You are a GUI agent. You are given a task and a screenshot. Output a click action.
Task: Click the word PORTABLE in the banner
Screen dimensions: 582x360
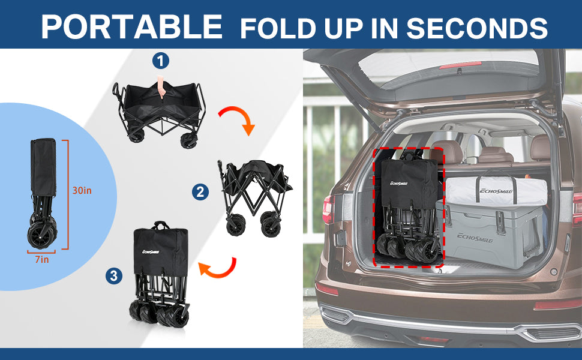tap(132, 27)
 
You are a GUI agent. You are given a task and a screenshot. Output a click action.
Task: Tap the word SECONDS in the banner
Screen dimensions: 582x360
tap(477, 28)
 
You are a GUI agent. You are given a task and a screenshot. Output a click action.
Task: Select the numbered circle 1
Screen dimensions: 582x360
tap(161, 61)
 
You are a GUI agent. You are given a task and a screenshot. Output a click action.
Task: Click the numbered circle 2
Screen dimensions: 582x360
tap(200, 192)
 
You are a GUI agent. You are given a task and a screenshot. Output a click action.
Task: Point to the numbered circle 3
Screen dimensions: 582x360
tap(114, 276)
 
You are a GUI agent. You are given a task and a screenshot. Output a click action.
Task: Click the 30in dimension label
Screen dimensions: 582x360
tap(82, 190)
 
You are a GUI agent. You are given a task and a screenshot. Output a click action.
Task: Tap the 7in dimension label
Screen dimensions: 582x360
tap(42, 259)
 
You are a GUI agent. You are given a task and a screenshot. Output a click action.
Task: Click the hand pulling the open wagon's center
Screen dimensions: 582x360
tap(160, 86)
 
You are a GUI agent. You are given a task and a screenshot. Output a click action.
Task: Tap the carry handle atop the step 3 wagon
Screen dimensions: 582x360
tap(161, 224)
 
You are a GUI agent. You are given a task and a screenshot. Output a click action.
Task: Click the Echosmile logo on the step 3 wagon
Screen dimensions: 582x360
tap(151, 251)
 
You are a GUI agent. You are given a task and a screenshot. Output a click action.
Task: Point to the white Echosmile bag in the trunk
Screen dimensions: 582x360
tap(496, 190)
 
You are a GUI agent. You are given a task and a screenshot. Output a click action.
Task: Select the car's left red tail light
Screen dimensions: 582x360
tap(328, 209)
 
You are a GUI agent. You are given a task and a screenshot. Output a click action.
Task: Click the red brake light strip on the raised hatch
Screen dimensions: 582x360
tap(460, 65)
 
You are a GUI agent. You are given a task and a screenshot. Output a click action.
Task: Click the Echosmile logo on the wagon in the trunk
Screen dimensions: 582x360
tap(398, 183)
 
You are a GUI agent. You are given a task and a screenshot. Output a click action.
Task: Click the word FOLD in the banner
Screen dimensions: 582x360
tap(278, 28)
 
